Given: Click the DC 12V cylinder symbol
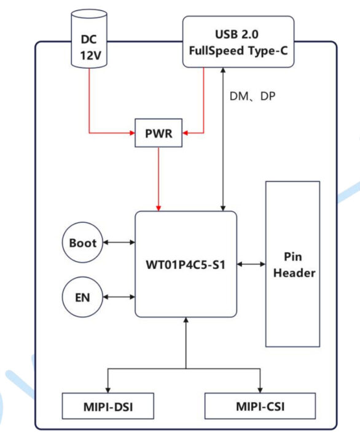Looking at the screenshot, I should (x=89, y=39).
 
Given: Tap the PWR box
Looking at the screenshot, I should (x=158, y=133).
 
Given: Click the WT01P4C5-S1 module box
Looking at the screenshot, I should (x=186, y=264).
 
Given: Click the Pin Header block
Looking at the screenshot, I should (x=292, y=264).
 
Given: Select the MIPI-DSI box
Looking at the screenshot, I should (x=108, y=406).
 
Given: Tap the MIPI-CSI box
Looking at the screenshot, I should (x=260, y=406).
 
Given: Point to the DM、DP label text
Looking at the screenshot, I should (x=252, y=96).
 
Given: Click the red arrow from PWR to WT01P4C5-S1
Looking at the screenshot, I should (x=158, y=178).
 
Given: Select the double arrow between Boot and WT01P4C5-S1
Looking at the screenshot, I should (x=119, y=242).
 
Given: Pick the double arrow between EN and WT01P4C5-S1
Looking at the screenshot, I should (x=119, y=298).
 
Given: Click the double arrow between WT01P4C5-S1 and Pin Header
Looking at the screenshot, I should (x=251, y=264).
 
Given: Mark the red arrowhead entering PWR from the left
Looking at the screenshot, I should (x=131, y=132).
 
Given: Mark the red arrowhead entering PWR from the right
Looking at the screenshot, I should (x=187, y=132).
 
